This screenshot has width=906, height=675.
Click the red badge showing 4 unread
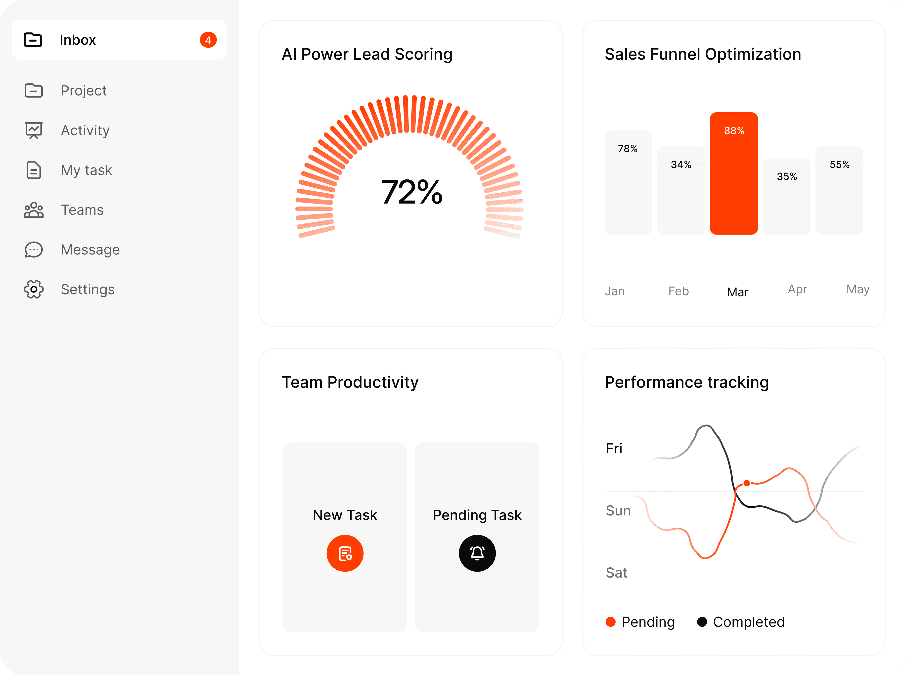pos(208,40)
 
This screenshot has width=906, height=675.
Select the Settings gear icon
pos(34,289)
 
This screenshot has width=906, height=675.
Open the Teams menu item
pos(82,210)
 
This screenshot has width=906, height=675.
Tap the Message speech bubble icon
pos(34,250)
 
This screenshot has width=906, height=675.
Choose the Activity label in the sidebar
pos(85,130)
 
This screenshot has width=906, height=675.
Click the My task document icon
pos(34,170)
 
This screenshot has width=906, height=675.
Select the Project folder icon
pos(34,90)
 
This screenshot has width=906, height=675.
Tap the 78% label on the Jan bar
pos(628,149)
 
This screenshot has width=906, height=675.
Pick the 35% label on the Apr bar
pos(787,176)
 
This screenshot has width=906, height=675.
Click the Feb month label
pos(678,291)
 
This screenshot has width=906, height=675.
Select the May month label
pos(858,289)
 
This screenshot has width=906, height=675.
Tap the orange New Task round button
pos(345,553)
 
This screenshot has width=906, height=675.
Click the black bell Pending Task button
pos(477,553)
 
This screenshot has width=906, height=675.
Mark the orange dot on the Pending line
pos(747,483)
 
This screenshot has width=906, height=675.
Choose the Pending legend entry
pos(640,622)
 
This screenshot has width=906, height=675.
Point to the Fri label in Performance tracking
pos(614,449)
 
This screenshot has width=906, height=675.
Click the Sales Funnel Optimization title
pos(702,54)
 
